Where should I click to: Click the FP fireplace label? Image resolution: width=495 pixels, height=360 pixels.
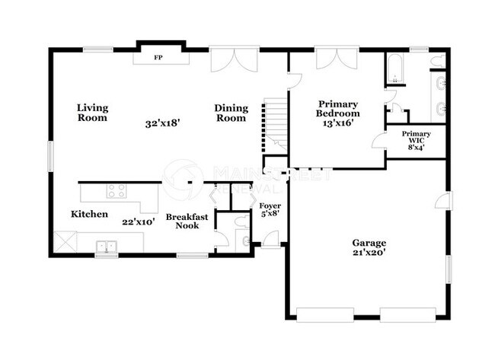tap(158, 58)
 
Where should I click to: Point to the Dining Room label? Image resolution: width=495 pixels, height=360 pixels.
tap(230, 113)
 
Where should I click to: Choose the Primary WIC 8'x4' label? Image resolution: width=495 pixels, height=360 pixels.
tap(417, 141)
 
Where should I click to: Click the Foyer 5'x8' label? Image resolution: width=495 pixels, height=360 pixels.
tap(270, 210)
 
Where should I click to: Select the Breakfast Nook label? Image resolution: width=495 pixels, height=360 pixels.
tap(187, 221)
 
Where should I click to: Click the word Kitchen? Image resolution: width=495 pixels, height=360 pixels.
tap(90, 215)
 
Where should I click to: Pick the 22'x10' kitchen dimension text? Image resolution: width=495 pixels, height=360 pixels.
tap(139, 222)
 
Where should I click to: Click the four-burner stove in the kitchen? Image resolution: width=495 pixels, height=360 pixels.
tap(117, 190)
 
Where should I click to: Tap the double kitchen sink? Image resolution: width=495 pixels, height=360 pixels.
tap(107, 245)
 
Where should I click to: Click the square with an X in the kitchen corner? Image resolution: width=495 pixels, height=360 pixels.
tap(66, 243)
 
